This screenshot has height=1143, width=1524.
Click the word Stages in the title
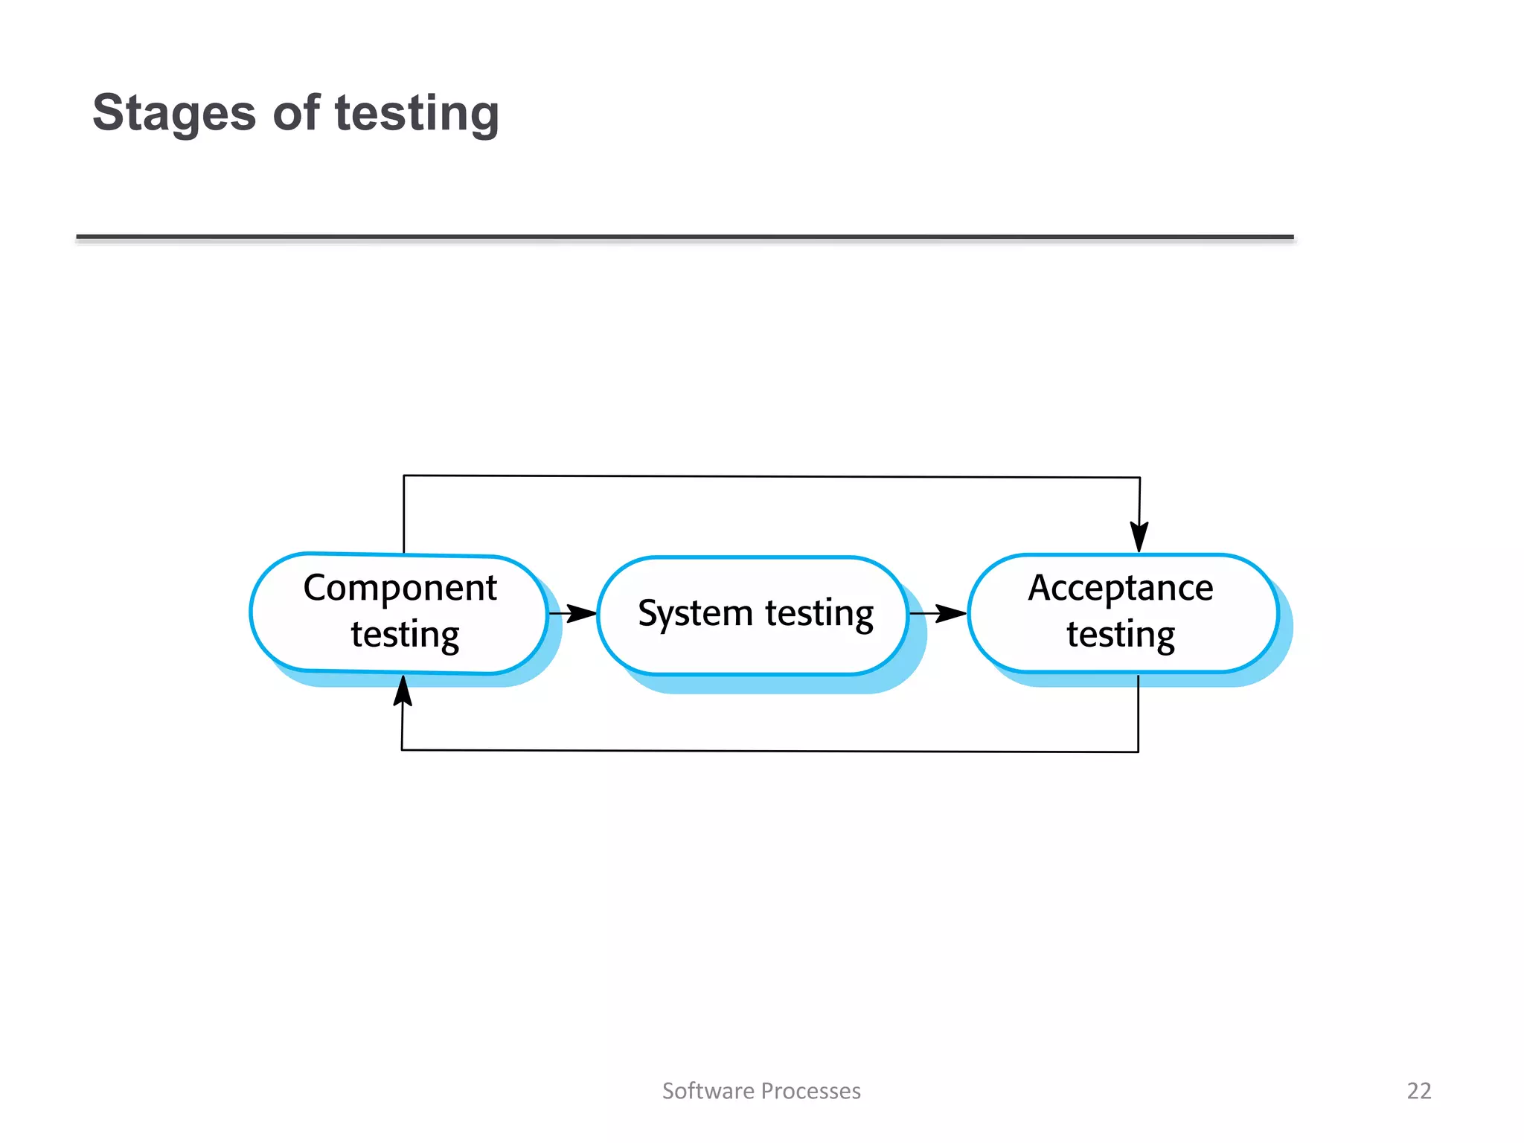174,113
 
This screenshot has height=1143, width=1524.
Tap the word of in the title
296,113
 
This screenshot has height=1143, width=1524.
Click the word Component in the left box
400,588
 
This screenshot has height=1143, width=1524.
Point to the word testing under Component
405,635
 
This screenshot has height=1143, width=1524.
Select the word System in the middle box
696,614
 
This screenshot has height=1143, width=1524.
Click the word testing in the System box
819,614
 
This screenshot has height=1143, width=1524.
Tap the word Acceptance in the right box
1121,588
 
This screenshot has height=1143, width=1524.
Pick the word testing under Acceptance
1121,635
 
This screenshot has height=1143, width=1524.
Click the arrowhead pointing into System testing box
583,614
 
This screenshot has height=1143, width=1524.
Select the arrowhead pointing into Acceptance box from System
952,614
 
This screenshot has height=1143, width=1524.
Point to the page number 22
1419,1091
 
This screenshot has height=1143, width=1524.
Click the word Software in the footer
708,1091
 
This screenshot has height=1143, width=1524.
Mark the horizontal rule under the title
685,237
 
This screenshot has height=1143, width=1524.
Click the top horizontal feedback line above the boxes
771,476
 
